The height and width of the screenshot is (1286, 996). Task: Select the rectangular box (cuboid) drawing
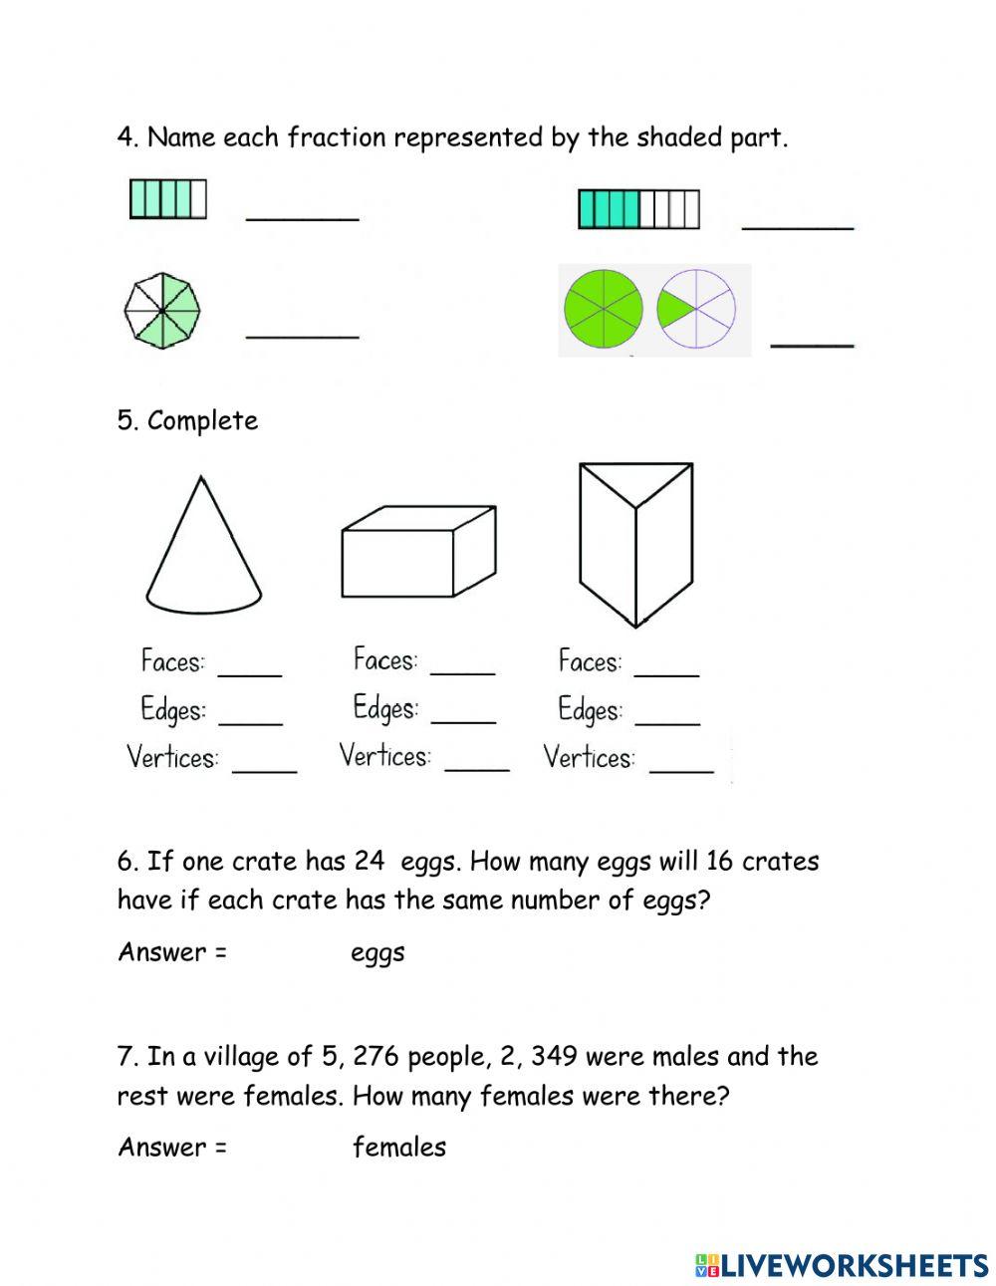[x=417, y=552]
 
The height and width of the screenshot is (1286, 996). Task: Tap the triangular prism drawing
[x=635, y=543]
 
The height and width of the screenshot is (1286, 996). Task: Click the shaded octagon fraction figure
[x=162, y=310]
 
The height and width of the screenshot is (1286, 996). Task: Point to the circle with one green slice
[x=696, y=309]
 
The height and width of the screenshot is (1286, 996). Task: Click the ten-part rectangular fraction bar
[x=638, y=210]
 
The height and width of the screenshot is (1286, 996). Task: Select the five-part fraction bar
[x=167, y=198]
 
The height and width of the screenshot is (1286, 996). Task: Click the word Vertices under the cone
[x=172, y=758]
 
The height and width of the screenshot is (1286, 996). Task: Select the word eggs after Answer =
[x=377, y=953]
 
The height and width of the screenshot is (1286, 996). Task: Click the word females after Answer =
[x=398, y=1148]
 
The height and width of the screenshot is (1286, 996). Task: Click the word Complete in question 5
[x=202, y=420]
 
